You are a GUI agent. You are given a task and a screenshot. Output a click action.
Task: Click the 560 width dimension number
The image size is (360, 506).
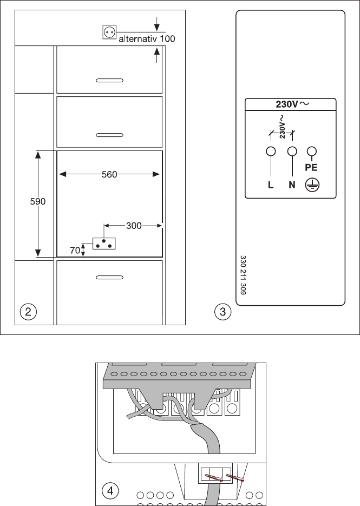tap(109, 175)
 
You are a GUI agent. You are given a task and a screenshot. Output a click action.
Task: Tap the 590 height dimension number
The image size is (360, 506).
tap(38, 202)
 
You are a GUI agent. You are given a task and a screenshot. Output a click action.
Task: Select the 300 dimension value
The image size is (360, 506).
tap(134, 226)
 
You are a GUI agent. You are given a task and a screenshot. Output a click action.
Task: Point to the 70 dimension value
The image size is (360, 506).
tap(75, 250)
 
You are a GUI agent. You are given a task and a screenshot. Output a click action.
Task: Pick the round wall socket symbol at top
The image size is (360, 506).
tap(109, 32)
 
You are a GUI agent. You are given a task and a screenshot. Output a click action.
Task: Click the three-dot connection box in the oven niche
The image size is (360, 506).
tap(104, 244)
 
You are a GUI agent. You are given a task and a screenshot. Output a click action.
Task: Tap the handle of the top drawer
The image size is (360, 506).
tap(109, 80)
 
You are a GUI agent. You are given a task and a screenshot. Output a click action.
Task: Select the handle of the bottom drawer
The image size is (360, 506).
tap(109, 277)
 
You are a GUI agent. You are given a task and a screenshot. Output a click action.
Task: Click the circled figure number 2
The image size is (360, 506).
tap(28, 312)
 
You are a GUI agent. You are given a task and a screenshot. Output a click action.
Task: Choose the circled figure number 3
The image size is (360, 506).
tap(222, 312)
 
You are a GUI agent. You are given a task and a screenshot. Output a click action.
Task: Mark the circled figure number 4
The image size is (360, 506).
tap(110, 491)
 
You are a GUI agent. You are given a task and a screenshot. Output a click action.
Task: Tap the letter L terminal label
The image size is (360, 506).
tap(271, 185)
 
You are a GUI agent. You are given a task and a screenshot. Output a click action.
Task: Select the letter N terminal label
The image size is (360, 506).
tap(292, 185)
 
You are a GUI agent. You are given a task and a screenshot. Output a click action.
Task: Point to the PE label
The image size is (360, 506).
tap(311, 168)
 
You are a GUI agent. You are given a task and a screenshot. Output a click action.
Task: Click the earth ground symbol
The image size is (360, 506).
tap(311, 185)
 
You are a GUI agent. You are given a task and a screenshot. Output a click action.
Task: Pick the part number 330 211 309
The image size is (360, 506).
tap(244, 275)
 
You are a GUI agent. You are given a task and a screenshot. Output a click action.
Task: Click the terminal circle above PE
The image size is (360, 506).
tap(312, 151)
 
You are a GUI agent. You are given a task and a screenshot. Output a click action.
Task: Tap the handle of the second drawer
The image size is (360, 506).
tap(109, 135)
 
